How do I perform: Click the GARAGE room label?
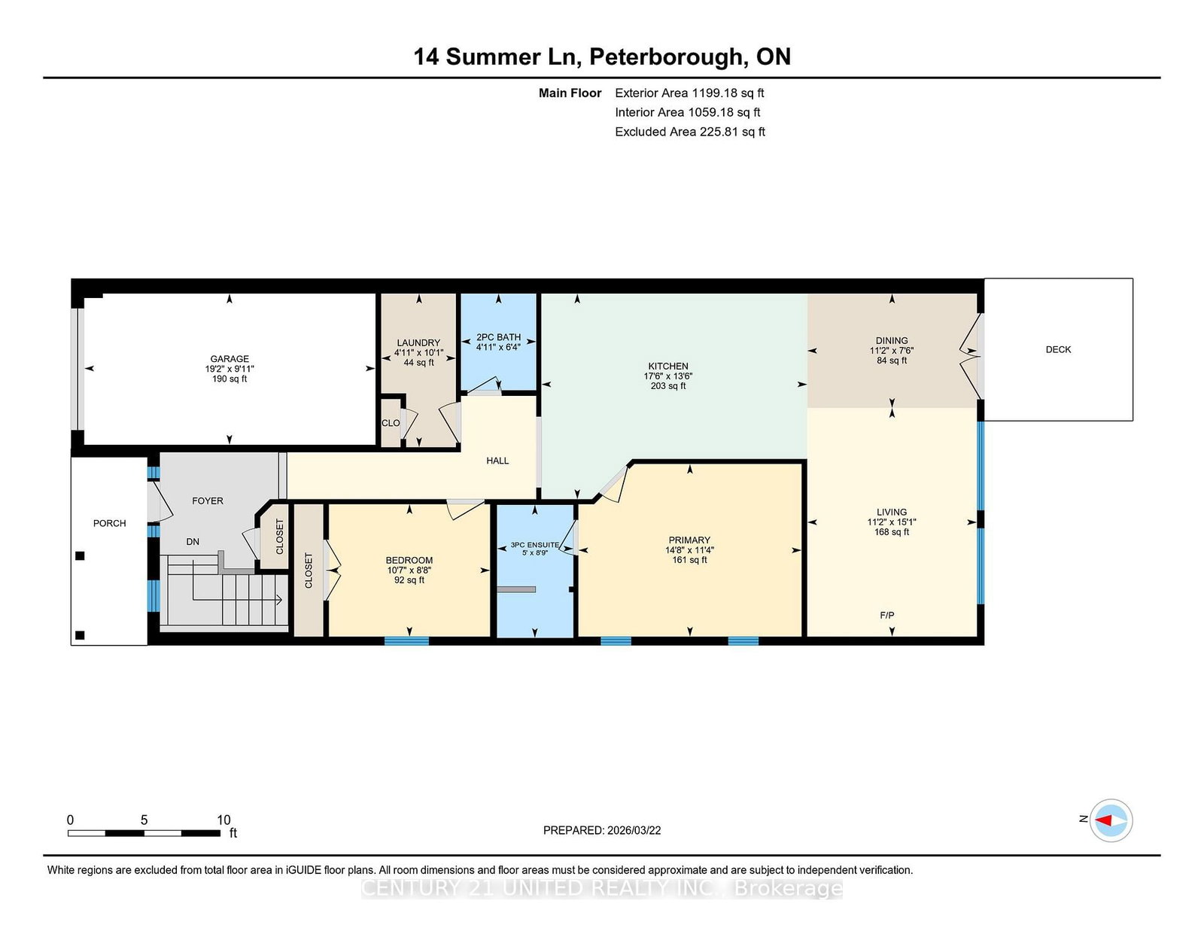[230, 358]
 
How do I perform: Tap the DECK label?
[1058, 350]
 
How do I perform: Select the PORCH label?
[110, 523]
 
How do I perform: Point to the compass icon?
[1111, 820]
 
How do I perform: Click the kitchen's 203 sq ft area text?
[668, 385]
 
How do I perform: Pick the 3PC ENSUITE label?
[535, 545]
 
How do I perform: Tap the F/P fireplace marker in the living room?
[887, 615]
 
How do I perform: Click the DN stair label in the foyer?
[193, 541]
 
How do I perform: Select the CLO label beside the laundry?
[391, 423]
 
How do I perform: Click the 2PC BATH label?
[499, 337]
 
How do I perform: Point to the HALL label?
[497, 461]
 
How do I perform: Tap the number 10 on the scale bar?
[223, 820]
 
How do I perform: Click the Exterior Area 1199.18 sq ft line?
[689, 93]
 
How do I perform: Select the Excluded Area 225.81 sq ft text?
[690, 132]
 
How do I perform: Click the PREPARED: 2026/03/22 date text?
[602, 830]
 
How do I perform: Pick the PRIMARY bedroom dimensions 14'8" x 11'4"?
[690, 550]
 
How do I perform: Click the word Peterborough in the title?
[667, 57]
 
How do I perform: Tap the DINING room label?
[892, 341]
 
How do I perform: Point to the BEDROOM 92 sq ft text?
[409, 580]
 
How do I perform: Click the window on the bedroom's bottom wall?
[406, 641]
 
